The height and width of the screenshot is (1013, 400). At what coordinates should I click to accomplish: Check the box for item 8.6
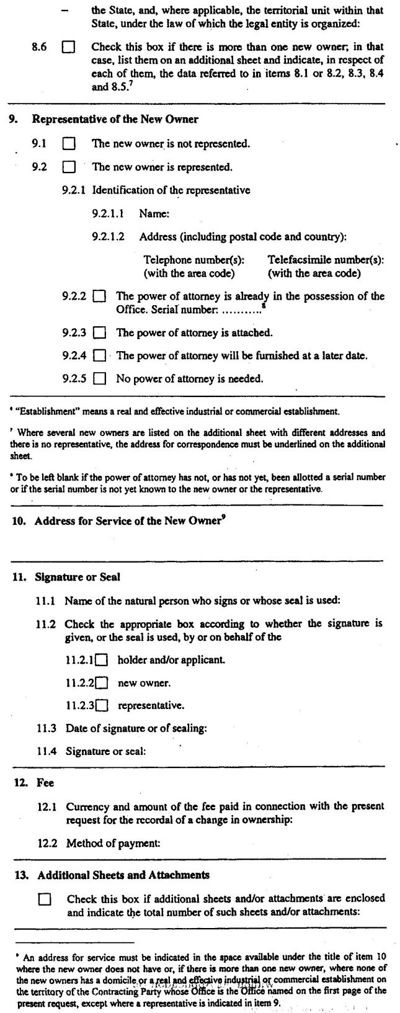tap(68, 47)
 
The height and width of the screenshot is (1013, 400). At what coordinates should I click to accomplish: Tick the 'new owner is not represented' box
tap(68, 144)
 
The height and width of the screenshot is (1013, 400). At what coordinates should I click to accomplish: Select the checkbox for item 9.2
tap(68, 167)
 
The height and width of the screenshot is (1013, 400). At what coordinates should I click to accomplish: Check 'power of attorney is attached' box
tap(99, 333)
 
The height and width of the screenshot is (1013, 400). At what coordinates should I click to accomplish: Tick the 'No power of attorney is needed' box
tap(99, 378)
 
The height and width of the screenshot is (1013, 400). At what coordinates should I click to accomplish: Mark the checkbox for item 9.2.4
tap(99, 356)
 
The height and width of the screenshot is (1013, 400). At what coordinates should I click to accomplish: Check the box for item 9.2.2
tap(99, 297)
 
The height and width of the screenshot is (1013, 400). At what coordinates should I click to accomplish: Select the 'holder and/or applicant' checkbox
tap(102, 660)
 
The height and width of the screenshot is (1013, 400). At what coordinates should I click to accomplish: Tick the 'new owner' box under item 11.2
tap(102, 683)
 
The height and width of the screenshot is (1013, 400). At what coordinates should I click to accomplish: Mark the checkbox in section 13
tap(45, 899)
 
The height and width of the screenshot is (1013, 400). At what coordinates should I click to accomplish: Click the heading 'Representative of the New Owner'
tap(115, 119)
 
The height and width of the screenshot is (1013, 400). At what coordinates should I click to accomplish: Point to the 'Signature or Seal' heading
tap(78, 577)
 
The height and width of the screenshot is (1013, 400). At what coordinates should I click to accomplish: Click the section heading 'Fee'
tap(45, 783)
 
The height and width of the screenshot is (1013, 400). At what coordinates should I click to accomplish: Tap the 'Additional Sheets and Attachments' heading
tap(123, 875)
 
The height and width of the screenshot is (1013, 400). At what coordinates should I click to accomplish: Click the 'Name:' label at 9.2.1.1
tap(154, 213)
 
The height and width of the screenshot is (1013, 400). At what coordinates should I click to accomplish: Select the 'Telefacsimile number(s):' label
tap(326, 260)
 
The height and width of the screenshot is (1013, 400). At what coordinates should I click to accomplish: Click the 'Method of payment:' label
tap(113, 843)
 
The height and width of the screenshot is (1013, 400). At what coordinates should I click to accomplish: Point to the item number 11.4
tap(46, 751)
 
